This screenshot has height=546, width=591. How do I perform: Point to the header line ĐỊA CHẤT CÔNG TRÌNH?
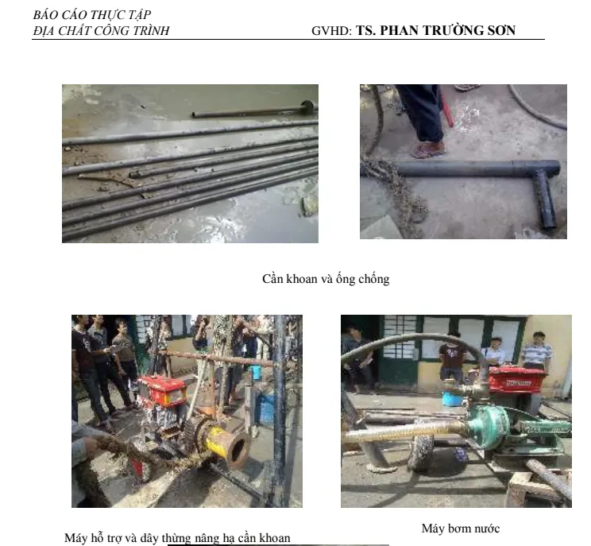[101, 31]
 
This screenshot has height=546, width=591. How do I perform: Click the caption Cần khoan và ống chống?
[326, 279]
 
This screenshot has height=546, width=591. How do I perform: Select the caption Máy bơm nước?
[461, 528]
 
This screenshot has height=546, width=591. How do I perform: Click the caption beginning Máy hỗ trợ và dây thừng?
[177, 538]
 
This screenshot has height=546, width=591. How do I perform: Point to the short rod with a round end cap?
[254, 111]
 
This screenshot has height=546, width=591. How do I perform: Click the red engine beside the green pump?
[516, 379]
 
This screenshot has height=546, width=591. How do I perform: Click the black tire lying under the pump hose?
[419, 453]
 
